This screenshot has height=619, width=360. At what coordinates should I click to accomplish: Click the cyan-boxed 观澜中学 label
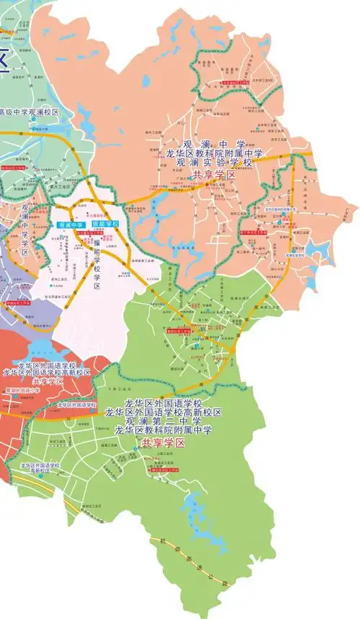click(70, 225)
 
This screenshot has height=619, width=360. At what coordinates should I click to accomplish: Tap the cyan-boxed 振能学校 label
click(104, 225)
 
